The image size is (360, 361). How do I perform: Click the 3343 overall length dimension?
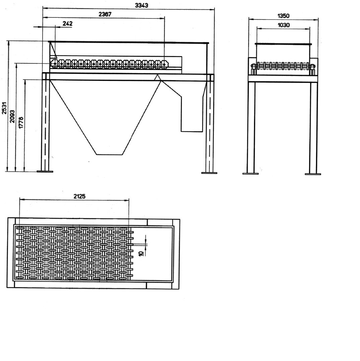point(141,5)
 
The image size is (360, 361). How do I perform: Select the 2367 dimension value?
point(105,14)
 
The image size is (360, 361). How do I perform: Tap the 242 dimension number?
point(67,23)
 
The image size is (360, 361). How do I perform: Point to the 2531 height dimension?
point(4,108)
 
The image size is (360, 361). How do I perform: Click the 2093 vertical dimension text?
point(12,116)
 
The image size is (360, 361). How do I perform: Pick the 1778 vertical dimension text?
point(21,123)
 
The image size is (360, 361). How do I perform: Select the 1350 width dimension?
point(283,16)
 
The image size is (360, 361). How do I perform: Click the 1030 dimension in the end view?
point(284,25)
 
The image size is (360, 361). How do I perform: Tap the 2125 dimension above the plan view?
point(79,196)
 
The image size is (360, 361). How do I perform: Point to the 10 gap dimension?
point(141,253)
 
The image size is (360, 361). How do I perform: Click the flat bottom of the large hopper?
point(109,154)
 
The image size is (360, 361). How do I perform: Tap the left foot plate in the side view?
point(45,171)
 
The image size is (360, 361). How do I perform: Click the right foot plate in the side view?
point(209,173)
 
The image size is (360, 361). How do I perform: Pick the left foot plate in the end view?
point(250,173)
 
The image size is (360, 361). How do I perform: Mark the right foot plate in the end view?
point(313,174)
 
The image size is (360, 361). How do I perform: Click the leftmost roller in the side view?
point(55,63)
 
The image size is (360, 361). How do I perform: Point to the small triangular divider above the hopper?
point(158,78)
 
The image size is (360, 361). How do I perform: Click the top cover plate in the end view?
point(283,44)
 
